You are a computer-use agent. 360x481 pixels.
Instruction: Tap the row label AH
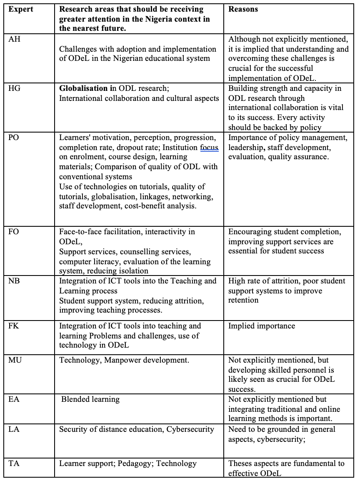pos(15,39)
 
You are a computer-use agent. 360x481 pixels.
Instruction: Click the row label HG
pos(15,88)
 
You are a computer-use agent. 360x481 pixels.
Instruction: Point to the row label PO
pos(14,138)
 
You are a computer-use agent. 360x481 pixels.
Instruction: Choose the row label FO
pos(14,232)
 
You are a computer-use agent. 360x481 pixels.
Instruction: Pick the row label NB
pos(15,281)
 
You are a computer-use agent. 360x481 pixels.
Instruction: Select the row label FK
pos(15,326)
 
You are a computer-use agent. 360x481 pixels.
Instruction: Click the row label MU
pos(15,360)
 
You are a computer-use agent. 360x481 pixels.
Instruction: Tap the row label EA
pos(15,399)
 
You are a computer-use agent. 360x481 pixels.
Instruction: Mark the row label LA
pos(15,429)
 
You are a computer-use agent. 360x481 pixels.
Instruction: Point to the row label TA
pos(15,463)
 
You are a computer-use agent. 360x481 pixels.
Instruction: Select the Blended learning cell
pos(90,399)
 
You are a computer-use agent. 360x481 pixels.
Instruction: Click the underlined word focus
pos(209,147)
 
